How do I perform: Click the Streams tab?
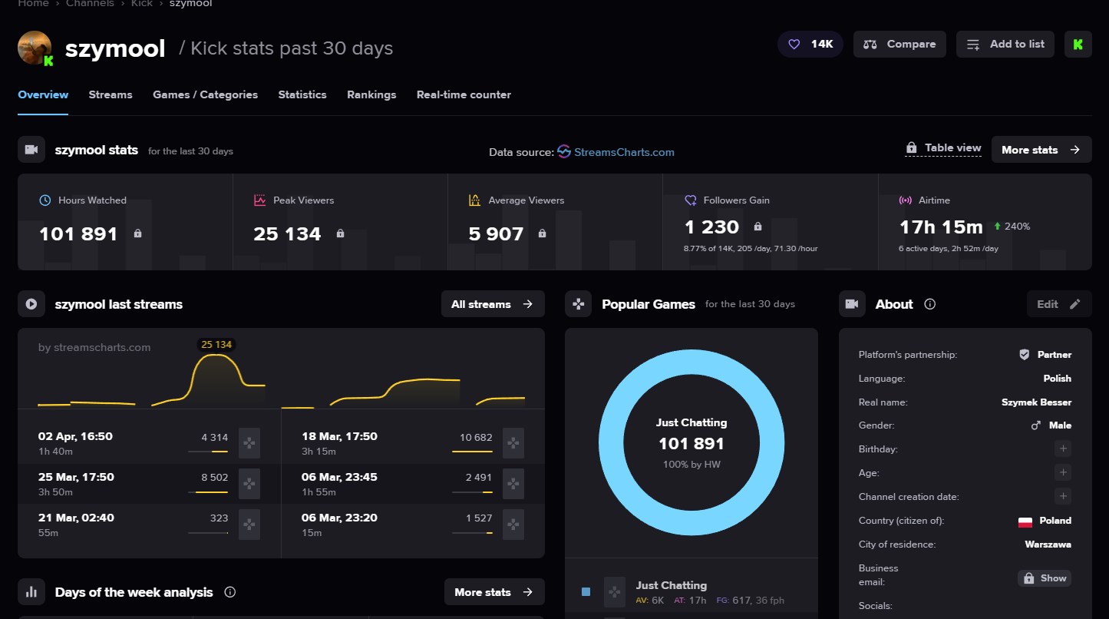(111, 94)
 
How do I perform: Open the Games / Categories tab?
(205, 94)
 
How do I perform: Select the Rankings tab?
(371, 94)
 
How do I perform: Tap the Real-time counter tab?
(464, 94)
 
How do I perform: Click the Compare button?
(899, 44)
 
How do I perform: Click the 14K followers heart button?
(810, 44)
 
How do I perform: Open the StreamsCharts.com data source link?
(624, 152)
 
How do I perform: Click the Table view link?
(943, 148)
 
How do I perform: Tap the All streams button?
(493, 304)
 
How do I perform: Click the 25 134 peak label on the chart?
(216, 344)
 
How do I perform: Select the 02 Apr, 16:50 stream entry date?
(75, 437)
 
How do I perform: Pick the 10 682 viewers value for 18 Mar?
(476, 437)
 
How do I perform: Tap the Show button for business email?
(1045, 578)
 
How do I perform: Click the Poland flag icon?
(1025, 521)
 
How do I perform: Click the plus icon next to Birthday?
(1063, 449)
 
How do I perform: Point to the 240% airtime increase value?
(1017, 227)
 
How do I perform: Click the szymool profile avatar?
(35, 48)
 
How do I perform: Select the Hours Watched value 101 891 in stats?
(78, 234)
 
